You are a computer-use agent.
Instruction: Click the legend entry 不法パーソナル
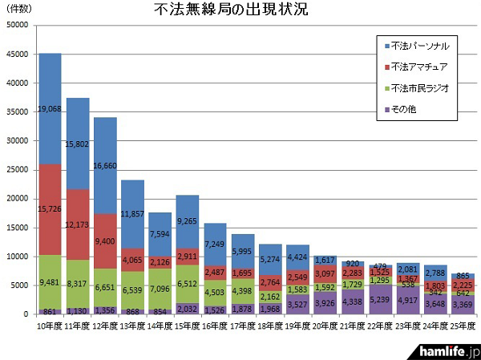tap(414, 46)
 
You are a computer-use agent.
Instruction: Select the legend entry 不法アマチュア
tap(414, 67)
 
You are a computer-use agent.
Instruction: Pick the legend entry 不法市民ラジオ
tap(414, 87)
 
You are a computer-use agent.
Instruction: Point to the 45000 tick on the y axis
tap(17, 55)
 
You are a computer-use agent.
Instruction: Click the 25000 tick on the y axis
tap(17, 170)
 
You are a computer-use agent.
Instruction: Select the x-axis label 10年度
tap(50, 327)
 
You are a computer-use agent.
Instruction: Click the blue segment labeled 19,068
tap(51, 109)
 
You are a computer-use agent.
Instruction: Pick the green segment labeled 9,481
tap(51, 282)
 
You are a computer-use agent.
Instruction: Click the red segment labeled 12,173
tap(78, 224)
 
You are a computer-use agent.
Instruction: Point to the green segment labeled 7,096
tap(160, 289)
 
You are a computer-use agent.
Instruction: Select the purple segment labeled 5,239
tap(378, 299)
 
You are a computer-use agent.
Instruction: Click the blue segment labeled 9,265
tap(187, 221)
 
